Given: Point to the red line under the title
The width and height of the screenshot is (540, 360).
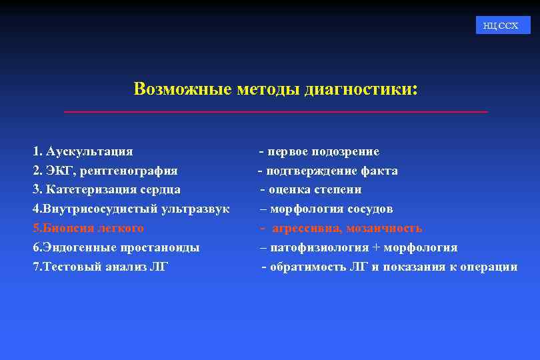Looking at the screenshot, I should (x=275, y=111).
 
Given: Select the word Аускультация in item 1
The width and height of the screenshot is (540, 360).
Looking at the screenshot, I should (x=89, y=151).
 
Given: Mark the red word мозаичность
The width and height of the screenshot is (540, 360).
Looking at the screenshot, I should (x=384, y=228).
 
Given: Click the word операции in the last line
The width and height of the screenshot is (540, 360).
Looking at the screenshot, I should (x=492, y=267).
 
